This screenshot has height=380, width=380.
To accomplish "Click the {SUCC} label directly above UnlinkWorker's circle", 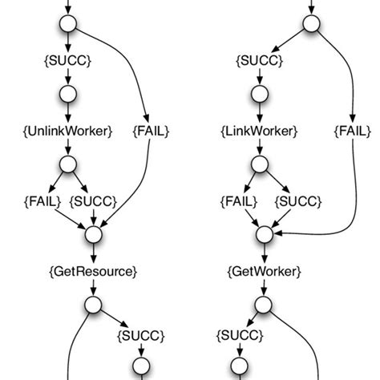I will click(x=68, y=60).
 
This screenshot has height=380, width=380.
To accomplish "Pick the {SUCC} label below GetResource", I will click(x=141, y=334).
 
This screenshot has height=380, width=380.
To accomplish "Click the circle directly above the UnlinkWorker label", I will click(x=68, y=95).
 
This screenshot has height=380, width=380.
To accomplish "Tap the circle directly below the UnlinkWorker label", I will click(x=68, y=164).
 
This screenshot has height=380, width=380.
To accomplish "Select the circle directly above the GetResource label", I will click(x=93, y=235).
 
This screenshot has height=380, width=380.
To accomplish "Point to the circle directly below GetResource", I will click(x=93, y=305).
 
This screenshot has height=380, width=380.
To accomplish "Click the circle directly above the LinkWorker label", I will click(x=260, y=95).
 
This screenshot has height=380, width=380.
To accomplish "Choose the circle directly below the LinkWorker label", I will click(x=260, y=164).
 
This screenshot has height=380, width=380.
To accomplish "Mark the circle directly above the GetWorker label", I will click(x=265, y=235).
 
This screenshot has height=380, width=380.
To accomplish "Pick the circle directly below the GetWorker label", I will click(x=265, y=305).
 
